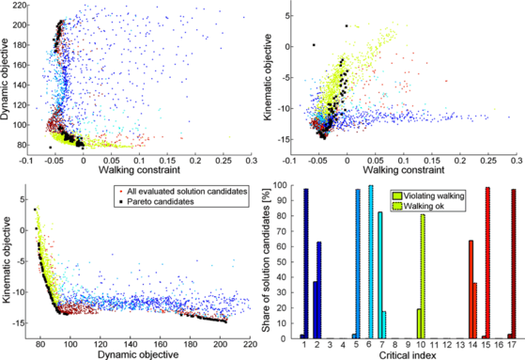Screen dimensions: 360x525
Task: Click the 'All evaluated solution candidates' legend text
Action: pos(188,192)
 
